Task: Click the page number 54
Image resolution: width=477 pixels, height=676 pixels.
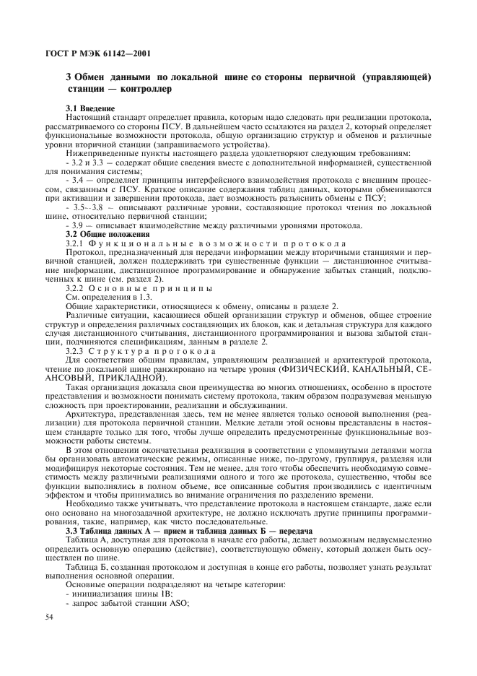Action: coord(50,615)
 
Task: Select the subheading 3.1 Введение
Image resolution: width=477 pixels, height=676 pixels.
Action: coord(90,108)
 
